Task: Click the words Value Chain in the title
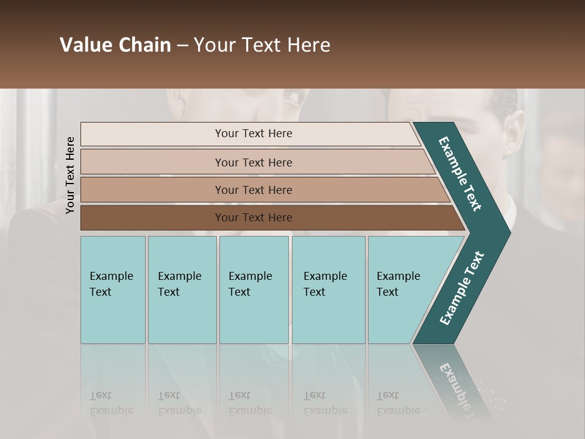[x=115, y=45]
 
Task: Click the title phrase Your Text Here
[x=262, y=45]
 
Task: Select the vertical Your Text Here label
[x=70, y=175]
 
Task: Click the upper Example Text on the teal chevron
[x=460, y=174]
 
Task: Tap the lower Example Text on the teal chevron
[x=461, y=288]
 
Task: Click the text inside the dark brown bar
[x=253, y=218]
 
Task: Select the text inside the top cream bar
[x=253, y=134]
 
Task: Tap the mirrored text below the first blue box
[x=111, y=403]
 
